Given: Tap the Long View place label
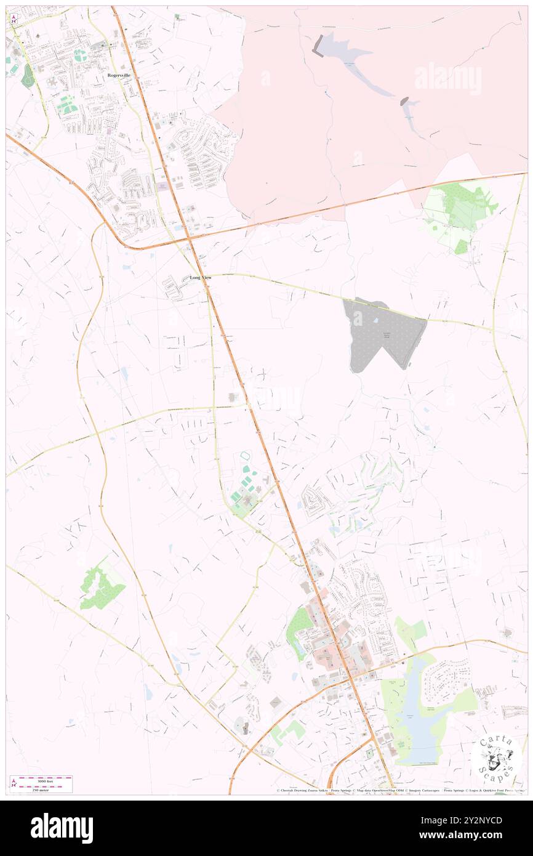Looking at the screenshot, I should (201, 278).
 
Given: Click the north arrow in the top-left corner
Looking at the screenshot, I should (14, 19).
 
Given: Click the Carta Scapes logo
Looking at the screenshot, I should (496, 758).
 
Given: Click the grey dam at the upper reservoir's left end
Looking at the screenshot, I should (318, 45).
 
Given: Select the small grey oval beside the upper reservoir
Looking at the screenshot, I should (404, 101).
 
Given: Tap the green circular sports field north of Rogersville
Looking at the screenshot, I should (80, 55).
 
